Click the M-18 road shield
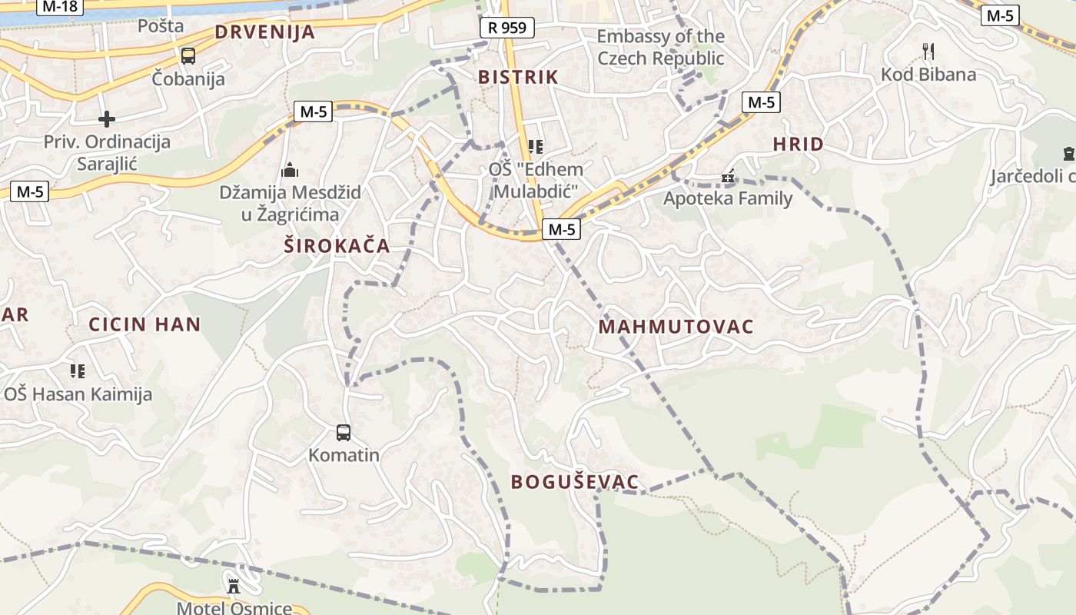(x=59, y=6)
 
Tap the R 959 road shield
(x=507, y=28)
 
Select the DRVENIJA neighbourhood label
(x=265, y=32)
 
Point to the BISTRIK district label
(x=518, y=77)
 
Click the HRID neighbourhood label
(x=798, y=144)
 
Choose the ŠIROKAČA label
(x=337, y=247)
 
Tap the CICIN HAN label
(x=144, y=324)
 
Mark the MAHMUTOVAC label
(x=676, y=327)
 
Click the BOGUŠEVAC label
(x=575, y=482)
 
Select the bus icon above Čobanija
(x=188, y=56)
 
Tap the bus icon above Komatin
(x=344, y=433)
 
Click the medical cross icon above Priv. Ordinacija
(x=107, y=119)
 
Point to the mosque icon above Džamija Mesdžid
(x=291, y=170)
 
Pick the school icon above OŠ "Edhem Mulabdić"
(x=536, y=146)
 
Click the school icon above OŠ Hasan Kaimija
(x=78, y=372)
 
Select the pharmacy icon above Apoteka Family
(x=728, y=178)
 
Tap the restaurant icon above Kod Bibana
(x=928, y=52)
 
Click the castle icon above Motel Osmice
(x=234, y=587)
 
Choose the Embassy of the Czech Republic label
(x=661, y=47)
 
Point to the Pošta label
(x=161, y=25)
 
